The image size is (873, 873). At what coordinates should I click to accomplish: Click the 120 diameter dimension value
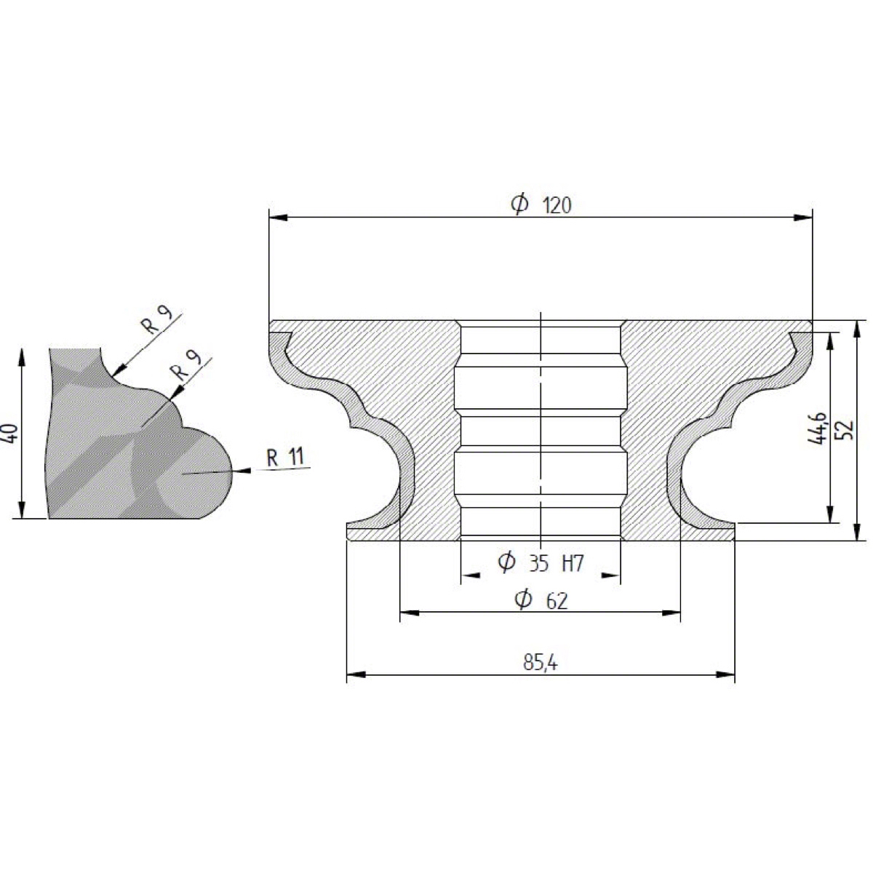[558, 207]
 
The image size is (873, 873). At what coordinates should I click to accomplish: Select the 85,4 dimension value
[541, 663]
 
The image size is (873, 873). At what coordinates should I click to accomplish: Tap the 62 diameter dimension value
[557, 602]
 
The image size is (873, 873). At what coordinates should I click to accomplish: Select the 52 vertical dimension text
[846, 430]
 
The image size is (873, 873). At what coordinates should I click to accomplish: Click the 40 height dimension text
[12, 433]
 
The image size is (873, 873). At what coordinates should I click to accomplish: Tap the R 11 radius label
[285, 458]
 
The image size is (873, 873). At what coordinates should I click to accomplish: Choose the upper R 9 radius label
[156, 320]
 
